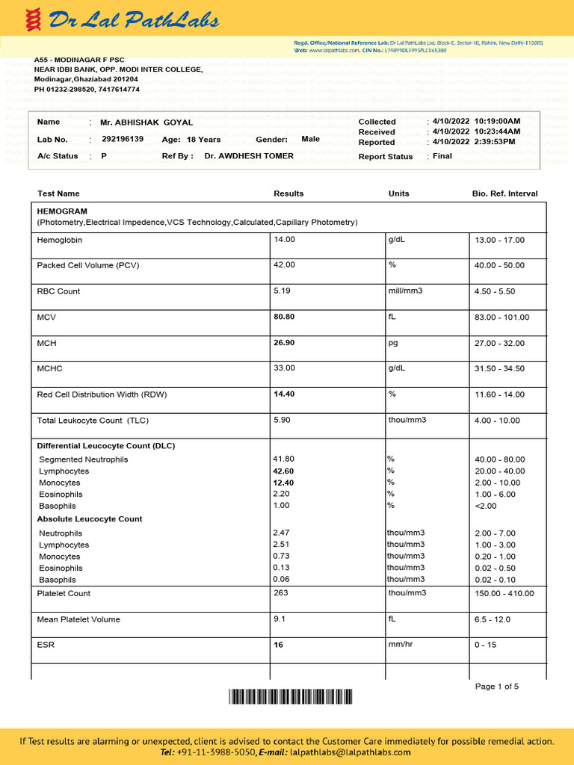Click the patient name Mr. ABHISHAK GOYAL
[146, 123]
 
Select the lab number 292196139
[123, 139]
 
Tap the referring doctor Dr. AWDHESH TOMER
[249, 156]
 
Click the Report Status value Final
[442, 156]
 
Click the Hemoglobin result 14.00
[285, 240]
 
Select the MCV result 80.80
[285, 317]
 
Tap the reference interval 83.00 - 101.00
[502, 318]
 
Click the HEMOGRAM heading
[62, 211]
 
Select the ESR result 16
[279, 645]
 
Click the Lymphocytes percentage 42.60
[285, 471]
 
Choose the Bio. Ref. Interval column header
[504, 193]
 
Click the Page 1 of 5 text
[497, 687]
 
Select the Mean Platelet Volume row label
[78, 619]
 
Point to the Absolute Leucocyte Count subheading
[90, 518]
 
